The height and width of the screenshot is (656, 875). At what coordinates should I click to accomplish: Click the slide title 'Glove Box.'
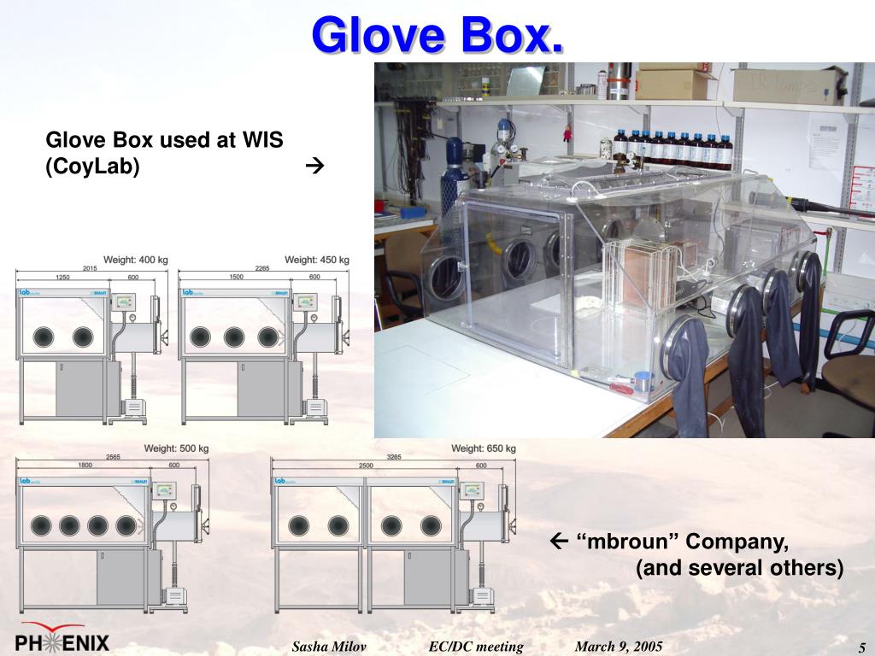[x=437, y=35]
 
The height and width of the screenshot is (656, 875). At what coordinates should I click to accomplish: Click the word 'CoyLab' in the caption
[x=92, y=166]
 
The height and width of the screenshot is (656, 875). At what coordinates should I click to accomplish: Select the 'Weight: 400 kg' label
[x=136, y=260]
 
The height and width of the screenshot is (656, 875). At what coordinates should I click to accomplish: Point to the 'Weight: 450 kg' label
[x=317, y=260]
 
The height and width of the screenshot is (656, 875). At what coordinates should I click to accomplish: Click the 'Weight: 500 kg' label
[x=176, y=448]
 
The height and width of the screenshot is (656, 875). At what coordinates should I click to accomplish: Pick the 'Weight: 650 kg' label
[x=484, y=448]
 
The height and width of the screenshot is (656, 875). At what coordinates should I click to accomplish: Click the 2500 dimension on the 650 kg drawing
[x=365, y=465]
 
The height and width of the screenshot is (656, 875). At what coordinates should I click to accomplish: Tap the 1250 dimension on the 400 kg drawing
[x=62, y=277]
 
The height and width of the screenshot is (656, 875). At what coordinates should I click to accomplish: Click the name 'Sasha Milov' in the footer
[x=329, y=647]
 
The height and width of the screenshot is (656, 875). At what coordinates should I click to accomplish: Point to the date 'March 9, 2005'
[x=619, y=647]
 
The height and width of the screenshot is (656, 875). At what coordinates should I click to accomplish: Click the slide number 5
[x=862, y=647]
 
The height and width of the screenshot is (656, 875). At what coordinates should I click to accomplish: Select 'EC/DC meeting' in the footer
[x=476, y=647]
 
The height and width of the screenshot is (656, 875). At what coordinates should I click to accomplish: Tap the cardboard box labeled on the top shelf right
[x=788, y=85]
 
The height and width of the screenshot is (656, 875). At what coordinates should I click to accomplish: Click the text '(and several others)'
[x=739, y=568]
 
